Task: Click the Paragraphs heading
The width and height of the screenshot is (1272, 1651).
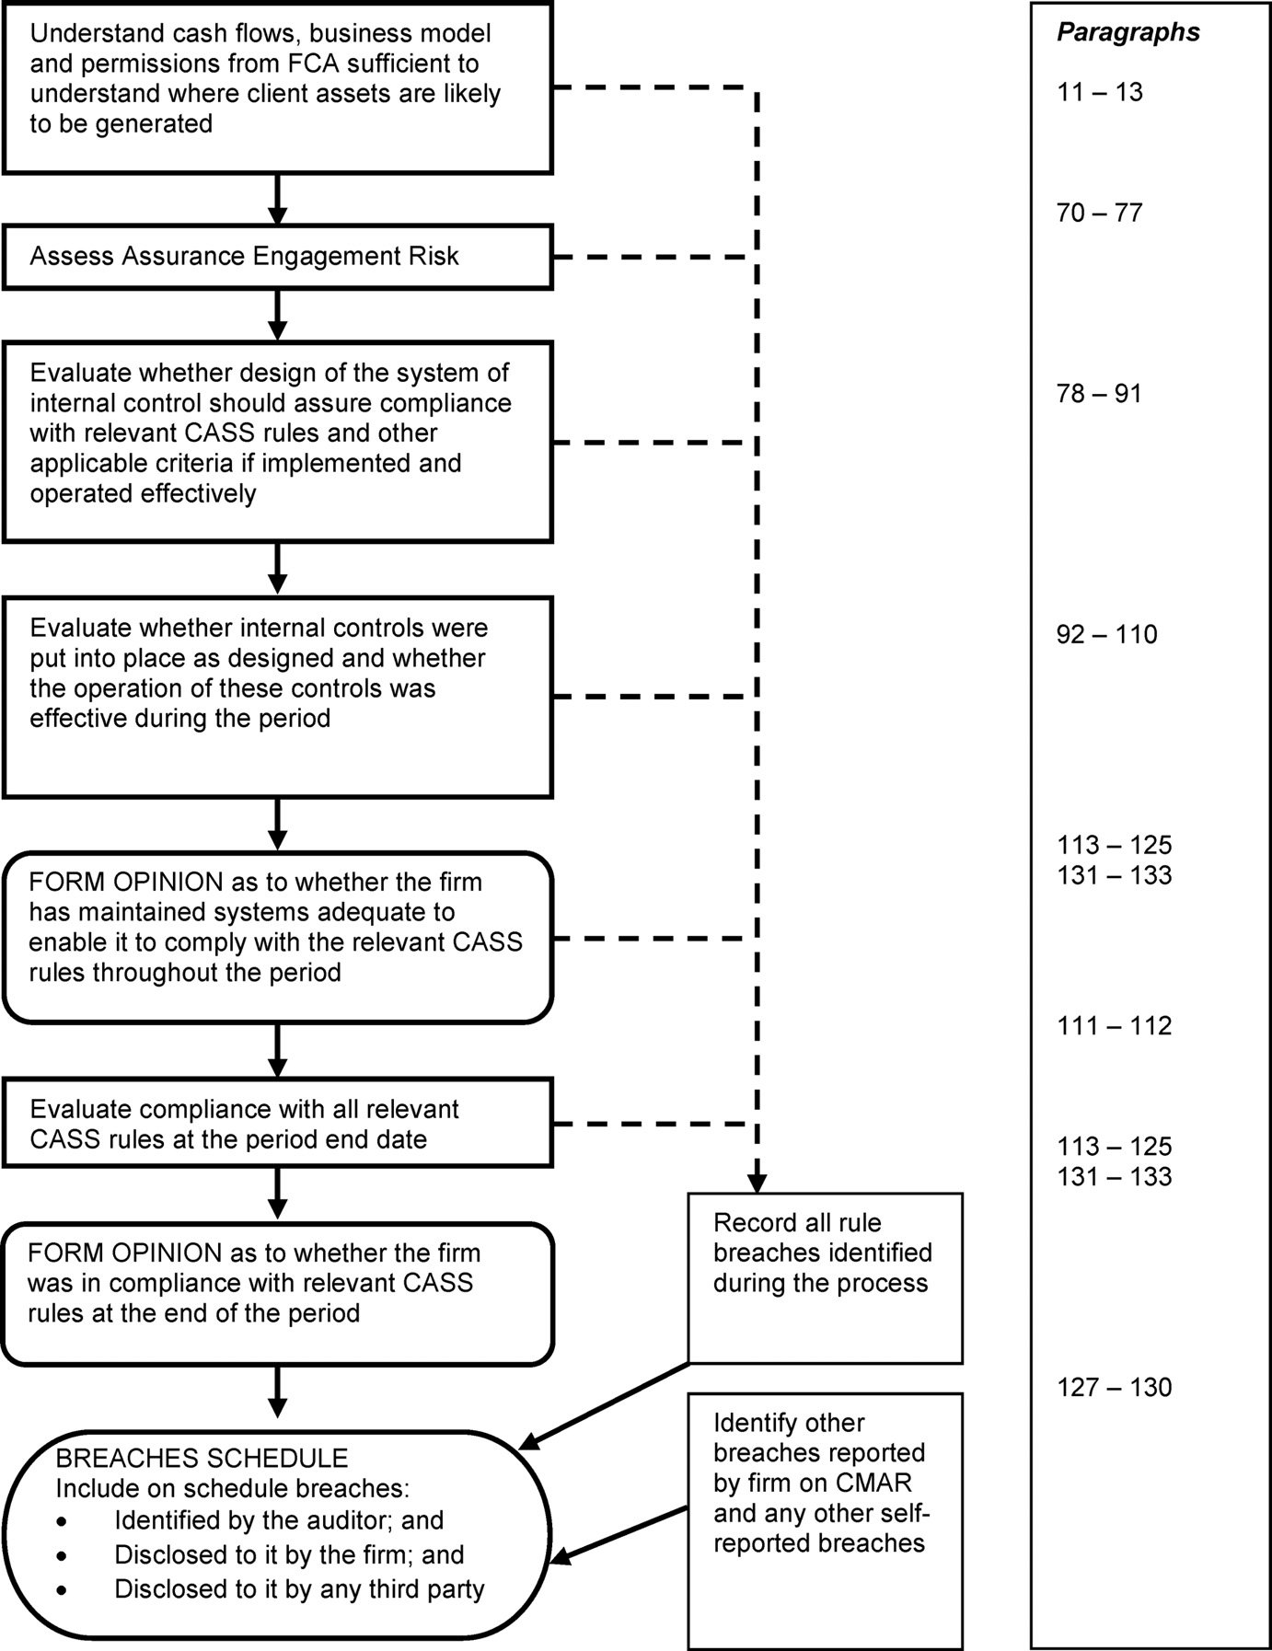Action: click(1127, 33)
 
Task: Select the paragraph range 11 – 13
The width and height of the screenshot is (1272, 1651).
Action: click(1100, 92)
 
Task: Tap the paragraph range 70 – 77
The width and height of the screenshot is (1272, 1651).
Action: click(1100, 214)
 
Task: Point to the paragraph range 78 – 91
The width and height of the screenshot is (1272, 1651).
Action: click(1100, 394)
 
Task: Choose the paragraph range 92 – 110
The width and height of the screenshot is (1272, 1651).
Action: click(1106, 635)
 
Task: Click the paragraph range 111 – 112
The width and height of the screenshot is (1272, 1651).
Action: click(1114, 1026)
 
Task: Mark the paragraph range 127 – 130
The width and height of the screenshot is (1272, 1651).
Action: click(1114, 1387)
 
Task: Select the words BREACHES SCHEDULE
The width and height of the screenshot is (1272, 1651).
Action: click(202, 1459)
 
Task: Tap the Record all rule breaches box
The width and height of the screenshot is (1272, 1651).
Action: click(825, 1277)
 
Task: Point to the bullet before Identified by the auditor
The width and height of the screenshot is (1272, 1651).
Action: click(62, 1520)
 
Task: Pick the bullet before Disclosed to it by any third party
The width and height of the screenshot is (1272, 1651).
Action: click(62, 1589)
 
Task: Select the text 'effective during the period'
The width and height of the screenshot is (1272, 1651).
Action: click(179, 718)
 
